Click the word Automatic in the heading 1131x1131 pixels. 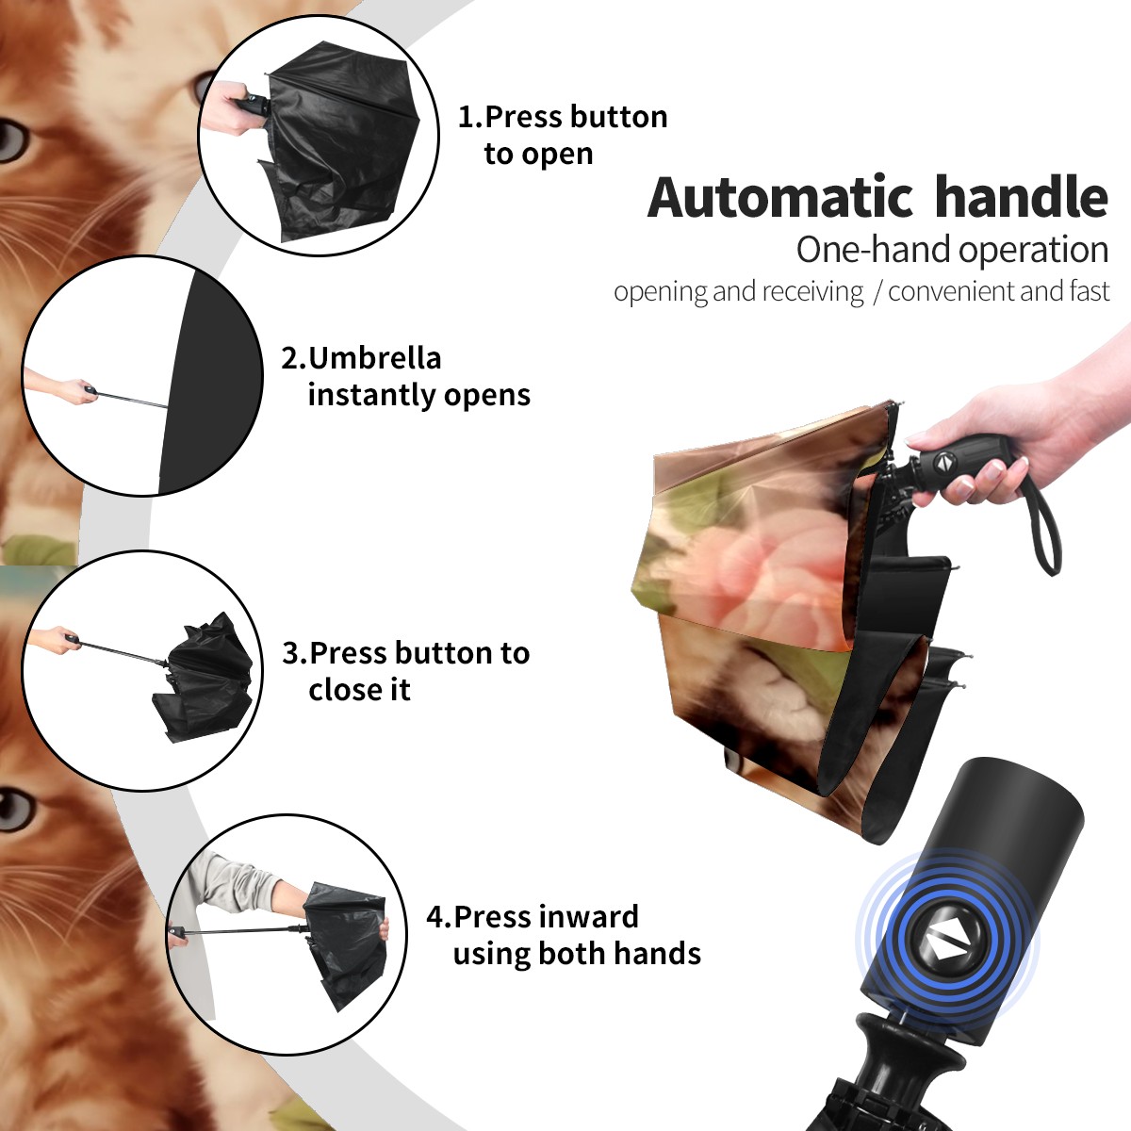coord(780,198)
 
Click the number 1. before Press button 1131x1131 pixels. coord(469,117)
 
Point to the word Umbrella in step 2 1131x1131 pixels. coord(374,358)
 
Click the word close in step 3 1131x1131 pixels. coord(341,689)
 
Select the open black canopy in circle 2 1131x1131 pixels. coord(210,382)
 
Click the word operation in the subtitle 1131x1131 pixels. coord(1034,251)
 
